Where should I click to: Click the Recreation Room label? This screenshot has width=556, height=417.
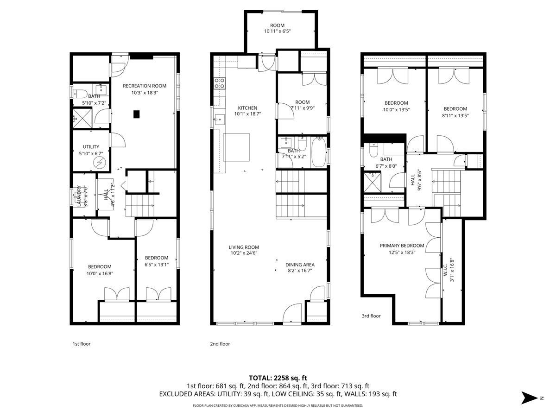coord(145,86)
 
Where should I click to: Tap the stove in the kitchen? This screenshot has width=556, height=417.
coord(219,83)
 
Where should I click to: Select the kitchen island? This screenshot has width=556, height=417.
coord(236,147)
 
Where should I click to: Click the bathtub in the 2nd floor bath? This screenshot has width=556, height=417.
coord(318,152)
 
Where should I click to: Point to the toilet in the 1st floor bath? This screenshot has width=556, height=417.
coord(80,94)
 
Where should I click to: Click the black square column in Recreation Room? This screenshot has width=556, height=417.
coord(137,114)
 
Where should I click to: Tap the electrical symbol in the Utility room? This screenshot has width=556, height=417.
coord(99,162)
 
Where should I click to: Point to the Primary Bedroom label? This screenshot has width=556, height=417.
coord(402,246)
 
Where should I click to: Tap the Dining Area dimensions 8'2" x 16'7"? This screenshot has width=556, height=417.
coord(300,271)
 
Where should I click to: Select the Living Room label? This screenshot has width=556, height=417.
coord(244,247)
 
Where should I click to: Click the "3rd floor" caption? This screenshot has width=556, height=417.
coord(371,316)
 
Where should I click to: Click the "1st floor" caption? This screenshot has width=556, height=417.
coord(81,344)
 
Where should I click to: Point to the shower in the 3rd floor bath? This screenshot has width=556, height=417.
coord(372,182)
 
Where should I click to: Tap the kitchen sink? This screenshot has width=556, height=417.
coord(219,119)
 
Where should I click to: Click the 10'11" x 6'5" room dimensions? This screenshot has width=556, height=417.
coord(277,31)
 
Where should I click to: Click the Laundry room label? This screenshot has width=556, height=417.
coord(79,196)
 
